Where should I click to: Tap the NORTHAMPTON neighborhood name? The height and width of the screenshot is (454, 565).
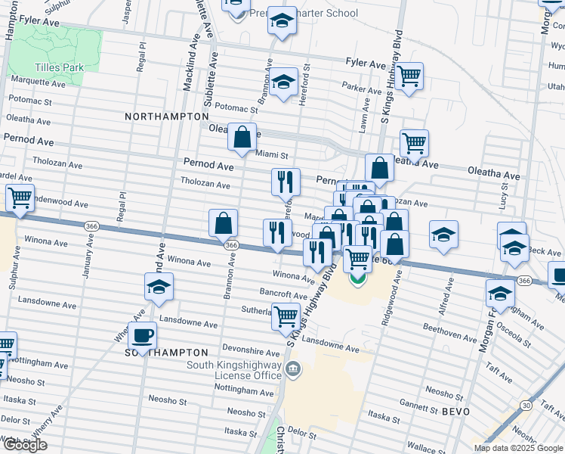click(166, 117)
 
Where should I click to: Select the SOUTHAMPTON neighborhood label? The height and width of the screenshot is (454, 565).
click(166, 353)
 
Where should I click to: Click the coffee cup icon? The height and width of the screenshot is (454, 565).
click(142, 334)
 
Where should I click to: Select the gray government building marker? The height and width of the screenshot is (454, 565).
click(295, 370)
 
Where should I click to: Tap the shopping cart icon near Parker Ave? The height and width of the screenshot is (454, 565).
click(409, 76)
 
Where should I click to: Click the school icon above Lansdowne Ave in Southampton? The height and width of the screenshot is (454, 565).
click(159, 286)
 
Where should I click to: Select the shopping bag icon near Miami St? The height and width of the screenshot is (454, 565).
click(242, 138)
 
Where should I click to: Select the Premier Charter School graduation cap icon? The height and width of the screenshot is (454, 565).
click(282, 21)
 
